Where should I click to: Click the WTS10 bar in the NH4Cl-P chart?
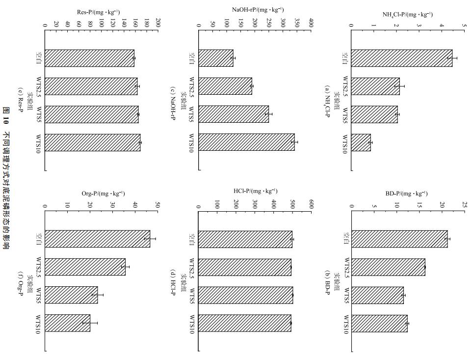(x=361, y=142)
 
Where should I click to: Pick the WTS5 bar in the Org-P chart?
(x=71, y=295)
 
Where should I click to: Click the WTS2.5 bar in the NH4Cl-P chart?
(x=375, y=86)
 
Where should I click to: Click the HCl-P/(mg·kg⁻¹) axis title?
(x=255, y=191)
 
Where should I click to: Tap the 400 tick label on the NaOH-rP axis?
(x=312, y=23)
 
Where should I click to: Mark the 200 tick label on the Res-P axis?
(x=158, y=23)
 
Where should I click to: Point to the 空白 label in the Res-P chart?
(x=38, y=58)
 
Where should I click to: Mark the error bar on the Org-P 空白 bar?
(x=150, y=239)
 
